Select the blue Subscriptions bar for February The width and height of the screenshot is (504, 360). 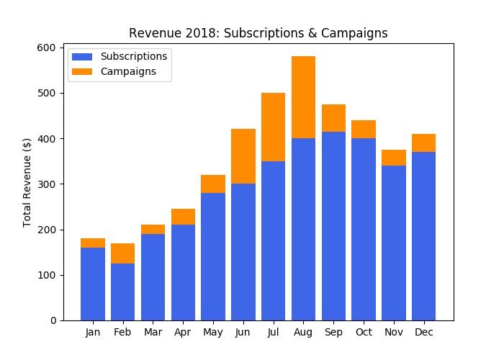coord(122,292)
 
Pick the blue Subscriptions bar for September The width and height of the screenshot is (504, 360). coord(333,226)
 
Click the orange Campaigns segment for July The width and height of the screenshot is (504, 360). coord(273,127)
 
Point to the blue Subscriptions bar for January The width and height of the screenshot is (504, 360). coord(93,284)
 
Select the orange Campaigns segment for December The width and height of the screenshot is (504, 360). coord(423,143)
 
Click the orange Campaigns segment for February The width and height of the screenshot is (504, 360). coord(122,253)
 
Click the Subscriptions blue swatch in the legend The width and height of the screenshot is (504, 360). coord(82,56)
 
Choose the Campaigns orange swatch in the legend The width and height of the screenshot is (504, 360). coord(82,71)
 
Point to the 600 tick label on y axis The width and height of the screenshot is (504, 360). coord(46,48)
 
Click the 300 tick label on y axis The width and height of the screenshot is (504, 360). coord(46,184)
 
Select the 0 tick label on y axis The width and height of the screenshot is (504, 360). coord(52,320)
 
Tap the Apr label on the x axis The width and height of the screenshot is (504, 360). coord(183,333)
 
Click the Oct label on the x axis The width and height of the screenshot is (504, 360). coord(364,333)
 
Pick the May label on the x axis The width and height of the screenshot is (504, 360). coord(213,333)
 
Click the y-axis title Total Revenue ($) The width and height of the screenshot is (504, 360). coord(27,182)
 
